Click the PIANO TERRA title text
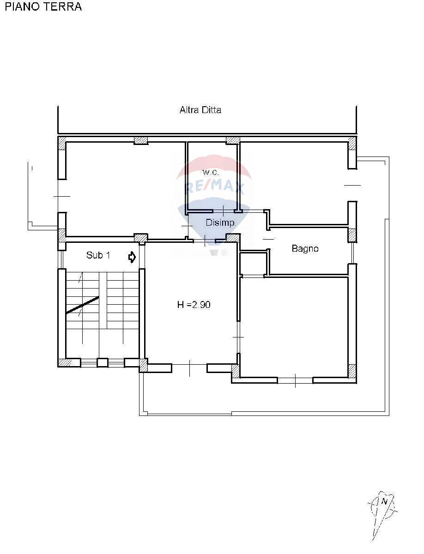(43, 6)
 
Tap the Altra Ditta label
(200, 110)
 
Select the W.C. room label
(211, 172)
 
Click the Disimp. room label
(220, 223)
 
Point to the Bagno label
(305, 248)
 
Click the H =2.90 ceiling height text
(194, 305)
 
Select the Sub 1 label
(98, 255)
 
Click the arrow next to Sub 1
(132, 257)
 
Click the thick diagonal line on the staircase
(82, 305)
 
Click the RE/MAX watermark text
(214, 187)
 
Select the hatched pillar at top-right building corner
(352, 143)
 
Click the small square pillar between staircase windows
(102, 362)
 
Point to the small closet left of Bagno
(254, 263)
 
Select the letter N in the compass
(384, 501)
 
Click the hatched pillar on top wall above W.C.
(232, 140)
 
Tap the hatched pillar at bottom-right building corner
(352, 371)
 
